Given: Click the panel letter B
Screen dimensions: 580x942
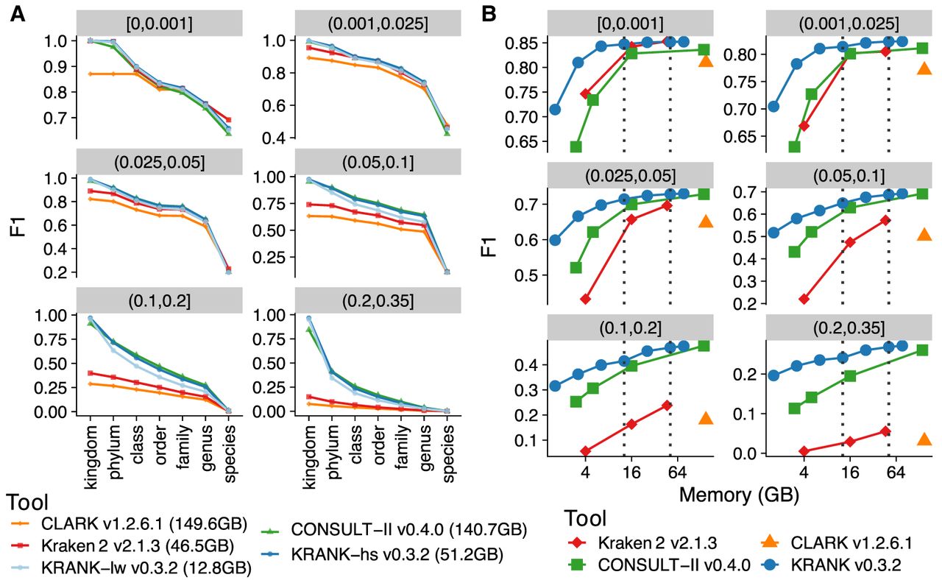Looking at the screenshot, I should click(489, 14).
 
